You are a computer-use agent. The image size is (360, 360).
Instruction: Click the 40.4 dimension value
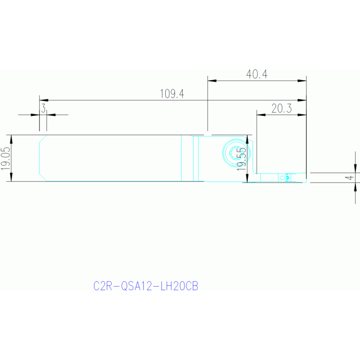coord(257,74)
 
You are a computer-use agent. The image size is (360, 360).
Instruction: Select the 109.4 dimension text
coord(172,94)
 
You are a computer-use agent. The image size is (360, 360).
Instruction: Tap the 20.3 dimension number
coord(282,108)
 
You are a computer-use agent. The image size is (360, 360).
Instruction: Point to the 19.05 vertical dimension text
coord(6,159)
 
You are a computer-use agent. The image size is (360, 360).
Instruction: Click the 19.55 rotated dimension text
coord(241,159)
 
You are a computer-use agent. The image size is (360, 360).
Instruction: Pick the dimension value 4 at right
coord(350,177)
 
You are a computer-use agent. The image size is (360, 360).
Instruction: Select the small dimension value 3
coord(43,108)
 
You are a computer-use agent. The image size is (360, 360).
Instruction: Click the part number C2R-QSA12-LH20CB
coord(146,286)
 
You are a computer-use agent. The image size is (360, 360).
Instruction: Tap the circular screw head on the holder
coord(236,153)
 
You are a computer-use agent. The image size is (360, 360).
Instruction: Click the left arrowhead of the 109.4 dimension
coord(44,100)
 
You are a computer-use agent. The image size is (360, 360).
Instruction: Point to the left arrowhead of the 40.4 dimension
coord(212,81)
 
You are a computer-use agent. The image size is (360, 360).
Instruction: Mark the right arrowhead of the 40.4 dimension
coord(302,81)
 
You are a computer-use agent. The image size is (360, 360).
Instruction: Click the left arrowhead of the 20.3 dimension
coord(261,115)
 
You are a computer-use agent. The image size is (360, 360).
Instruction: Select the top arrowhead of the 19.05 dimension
coord(11,139)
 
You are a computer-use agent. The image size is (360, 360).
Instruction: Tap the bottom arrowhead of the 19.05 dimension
coord(11,177)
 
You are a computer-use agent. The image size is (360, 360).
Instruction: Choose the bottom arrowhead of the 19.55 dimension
coord(247,178)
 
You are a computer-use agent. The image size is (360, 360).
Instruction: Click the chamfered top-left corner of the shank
coord(43,138)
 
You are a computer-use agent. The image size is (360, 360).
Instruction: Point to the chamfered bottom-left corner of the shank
coord(43,177)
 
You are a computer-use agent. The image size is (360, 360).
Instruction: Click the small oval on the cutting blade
coord(282,178)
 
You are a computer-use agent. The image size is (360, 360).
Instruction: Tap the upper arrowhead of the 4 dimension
coord(355,169)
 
